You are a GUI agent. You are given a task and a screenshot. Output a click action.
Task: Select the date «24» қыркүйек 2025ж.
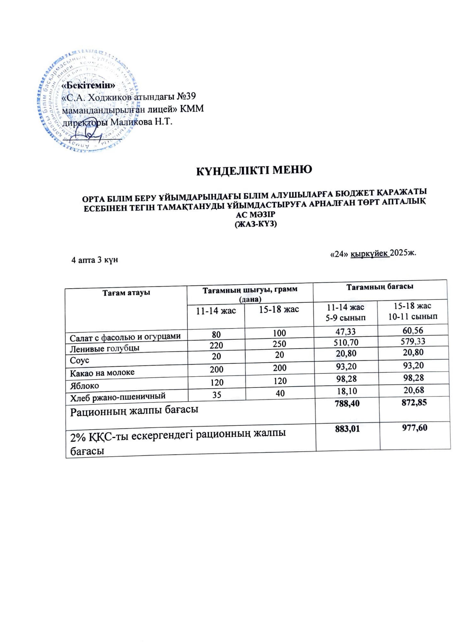pyautogui.click(x=373, y=254)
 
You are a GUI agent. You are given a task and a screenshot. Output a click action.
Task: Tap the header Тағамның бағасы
pyautogui.click(x=380, y=287)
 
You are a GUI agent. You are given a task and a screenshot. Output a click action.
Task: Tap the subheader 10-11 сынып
pyautogui.click(x=413, y=317)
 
